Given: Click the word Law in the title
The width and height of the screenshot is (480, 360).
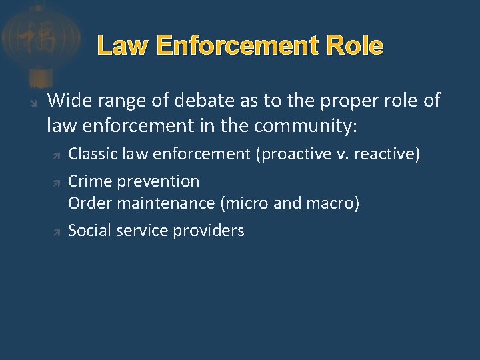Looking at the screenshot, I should pos(121,46).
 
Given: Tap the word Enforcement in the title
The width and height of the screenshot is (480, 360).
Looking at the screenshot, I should pos(232,46).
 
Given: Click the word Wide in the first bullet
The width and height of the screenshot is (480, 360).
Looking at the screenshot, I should pos(66,101).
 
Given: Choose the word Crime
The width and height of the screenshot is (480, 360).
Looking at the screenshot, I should pos(88,181).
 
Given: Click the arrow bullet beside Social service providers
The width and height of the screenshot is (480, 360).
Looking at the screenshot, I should pos(57,232).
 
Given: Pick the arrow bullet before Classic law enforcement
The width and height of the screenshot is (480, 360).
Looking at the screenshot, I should pos(57,155).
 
